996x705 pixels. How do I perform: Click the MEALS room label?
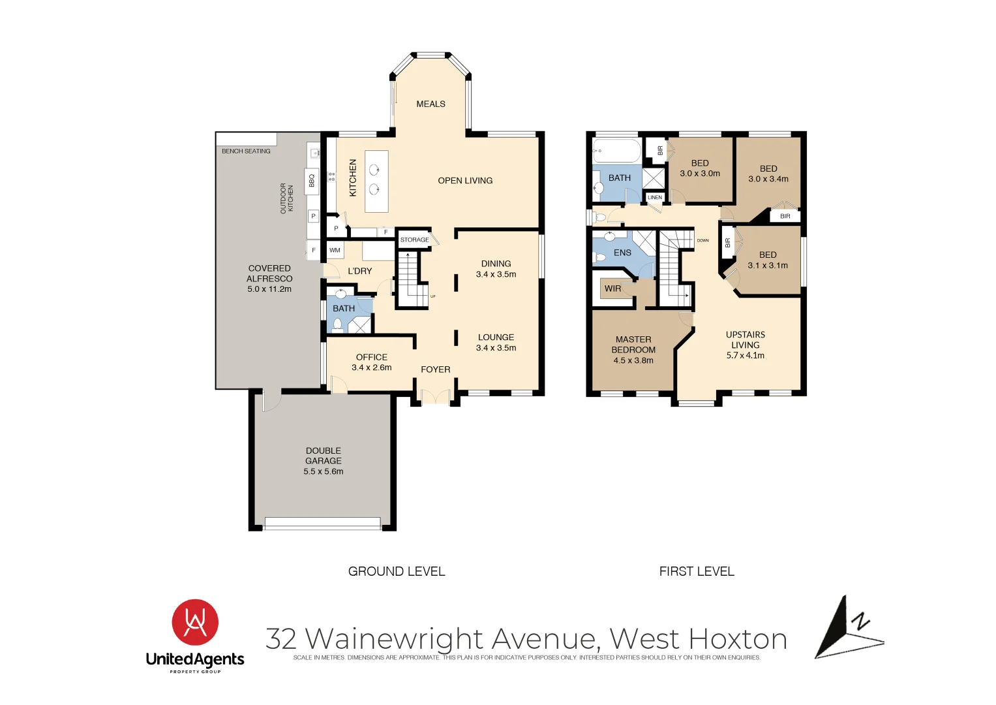[x=430, y=104]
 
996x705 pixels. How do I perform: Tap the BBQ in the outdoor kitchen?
[x=312, y=180]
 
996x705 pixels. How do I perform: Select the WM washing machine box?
[x=335, y=250]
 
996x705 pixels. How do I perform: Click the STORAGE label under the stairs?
[x=414, y=240]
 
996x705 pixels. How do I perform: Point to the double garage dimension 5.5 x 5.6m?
[x=323, y=471]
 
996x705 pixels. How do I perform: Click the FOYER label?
[x=435, y=369]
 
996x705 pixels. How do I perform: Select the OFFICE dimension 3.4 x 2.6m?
[x=372, y=368]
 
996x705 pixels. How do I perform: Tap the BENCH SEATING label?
[x=246, y=151]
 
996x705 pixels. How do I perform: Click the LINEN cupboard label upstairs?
[x=655, y=197]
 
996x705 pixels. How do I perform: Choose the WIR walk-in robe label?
[x=612, y=289]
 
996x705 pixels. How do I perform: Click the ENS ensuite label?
[x=622, y=253]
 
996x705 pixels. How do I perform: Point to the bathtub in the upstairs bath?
[x=617, y=151]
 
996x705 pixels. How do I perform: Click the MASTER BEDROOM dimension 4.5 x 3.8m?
[x=633, y=360]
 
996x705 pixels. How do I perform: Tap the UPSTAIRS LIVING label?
[x=745, y=339]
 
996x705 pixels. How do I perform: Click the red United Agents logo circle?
[x=195, y=622]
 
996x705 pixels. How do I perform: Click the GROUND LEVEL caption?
[x=397, y=571]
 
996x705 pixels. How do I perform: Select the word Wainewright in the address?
[x=395, y=638]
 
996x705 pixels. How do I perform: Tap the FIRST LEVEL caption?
[x=697, y=571]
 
